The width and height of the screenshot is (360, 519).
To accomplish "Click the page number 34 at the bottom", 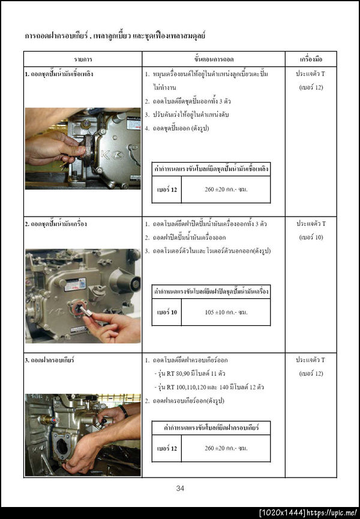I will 180,488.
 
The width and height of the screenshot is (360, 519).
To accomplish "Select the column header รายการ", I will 83,59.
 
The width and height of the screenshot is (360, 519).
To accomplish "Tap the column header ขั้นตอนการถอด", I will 213,59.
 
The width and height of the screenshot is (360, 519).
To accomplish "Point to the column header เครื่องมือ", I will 311,59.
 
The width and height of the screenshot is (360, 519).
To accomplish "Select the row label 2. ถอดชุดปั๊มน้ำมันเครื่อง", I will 56,224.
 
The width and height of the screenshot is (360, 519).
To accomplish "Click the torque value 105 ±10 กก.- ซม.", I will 226,313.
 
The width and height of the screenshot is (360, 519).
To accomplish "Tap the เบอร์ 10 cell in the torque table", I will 167,313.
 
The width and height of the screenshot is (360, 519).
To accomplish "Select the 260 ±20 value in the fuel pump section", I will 226,190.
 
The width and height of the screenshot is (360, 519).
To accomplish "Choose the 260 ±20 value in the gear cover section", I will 226,448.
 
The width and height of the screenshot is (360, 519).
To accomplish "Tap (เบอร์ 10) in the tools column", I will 311,237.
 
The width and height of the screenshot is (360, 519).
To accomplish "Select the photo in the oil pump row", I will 83,296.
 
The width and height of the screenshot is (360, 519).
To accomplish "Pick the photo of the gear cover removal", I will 83,435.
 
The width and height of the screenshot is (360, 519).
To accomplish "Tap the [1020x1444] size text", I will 283,513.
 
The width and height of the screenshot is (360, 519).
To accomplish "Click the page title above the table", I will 115,37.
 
